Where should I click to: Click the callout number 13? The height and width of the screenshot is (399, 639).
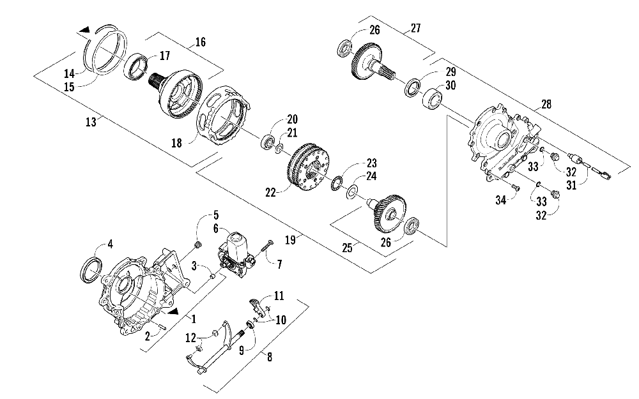(91, 121)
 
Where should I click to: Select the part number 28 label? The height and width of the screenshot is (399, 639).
(546, 104)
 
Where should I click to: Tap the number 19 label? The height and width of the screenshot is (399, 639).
(290, 240)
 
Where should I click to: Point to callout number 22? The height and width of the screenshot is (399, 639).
(270, 192)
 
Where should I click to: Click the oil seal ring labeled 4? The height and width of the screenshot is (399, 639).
(91, 270)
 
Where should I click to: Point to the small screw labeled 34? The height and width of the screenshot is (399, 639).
(515, 188)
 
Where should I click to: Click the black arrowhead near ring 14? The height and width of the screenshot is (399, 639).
(85, 29)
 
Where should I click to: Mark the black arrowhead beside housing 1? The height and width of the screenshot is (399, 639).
(173, 312)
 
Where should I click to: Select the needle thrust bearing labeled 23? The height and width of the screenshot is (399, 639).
(338, 179)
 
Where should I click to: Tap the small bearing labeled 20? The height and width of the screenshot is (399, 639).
(268, 142)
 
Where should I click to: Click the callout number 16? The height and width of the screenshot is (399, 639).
(201, 42)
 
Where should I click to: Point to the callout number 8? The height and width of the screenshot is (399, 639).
(269, 357)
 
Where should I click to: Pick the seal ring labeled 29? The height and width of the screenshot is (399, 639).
(412, 87)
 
